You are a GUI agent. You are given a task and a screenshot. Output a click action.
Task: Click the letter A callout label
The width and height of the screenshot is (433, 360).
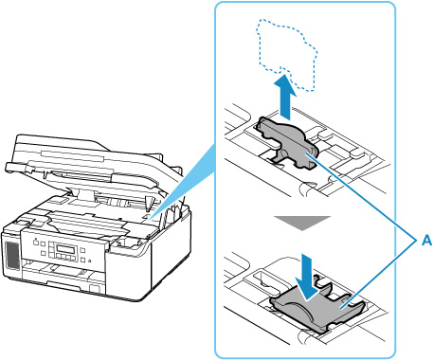pos(426,241)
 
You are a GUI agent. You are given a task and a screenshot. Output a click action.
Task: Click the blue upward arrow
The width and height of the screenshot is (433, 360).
pos(285,98)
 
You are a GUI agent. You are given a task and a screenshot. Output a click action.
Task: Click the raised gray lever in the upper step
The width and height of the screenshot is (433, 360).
pos(288,143)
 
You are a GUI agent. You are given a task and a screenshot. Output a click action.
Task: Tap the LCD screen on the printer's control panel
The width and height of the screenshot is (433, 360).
pos(66,250)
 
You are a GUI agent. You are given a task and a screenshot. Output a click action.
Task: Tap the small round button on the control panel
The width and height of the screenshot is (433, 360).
pos(90,261)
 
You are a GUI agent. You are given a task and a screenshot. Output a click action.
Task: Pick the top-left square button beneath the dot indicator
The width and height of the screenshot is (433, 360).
pos(36,243)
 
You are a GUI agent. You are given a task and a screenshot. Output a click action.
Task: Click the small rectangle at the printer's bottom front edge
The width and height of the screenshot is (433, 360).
pos(95,289)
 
